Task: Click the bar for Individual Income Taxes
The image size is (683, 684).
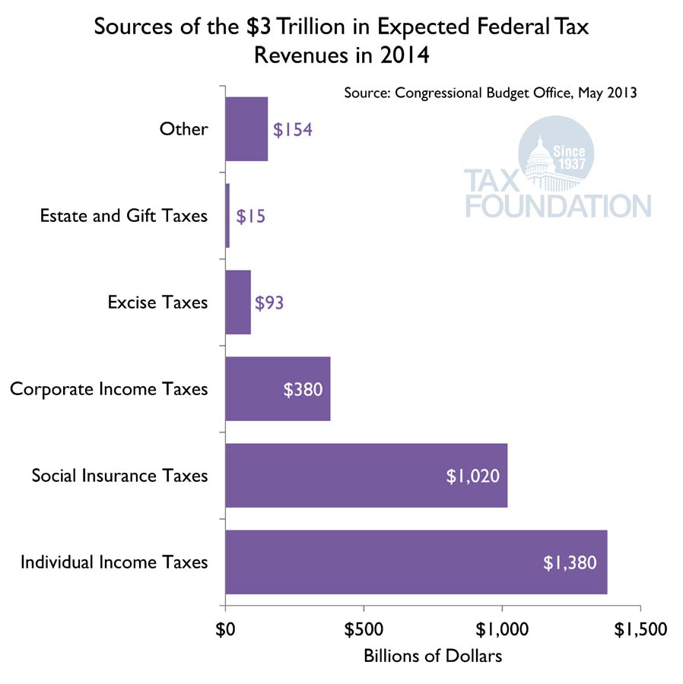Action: (x=416, y=562)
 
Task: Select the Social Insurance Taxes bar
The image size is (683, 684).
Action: (x=366, y=476)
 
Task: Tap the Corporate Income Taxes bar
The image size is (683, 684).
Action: (x=278, y=389)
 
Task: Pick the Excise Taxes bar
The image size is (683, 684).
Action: (x=238, y=302)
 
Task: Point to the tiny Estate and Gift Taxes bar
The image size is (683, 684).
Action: (x=227, y=216)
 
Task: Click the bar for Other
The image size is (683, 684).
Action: (x=246, y=129)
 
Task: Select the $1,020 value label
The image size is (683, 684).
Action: (x=472, y=477)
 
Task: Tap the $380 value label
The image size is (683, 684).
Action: (x=303, y=390)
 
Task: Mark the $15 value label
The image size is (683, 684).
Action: (x=251, y=216)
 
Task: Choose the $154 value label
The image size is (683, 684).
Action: (x=293, y=129)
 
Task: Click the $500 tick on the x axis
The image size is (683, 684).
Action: (x=364, y=629)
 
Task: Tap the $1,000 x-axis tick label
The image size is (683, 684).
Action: (x=501, y=629)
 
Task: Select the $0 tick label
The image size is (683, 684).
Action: (x=225, y=629)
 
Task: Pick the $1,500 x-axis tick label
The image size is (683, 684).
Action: (x=640, y=629)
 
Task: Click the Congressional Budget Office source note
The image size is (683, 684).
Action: (x=490, y=93)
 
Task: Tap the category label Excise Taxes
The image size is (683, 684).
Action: (x=157, y=302)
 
